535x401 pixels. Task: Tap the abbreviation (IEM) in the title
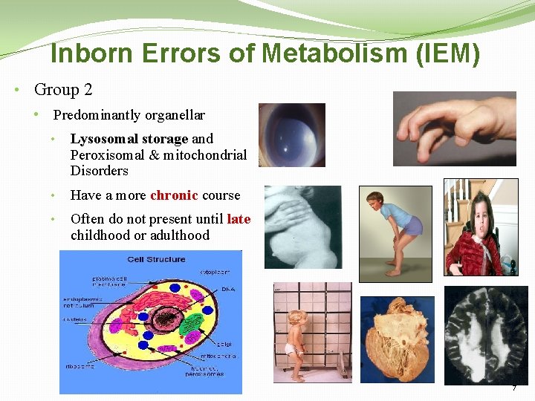pyautogui.click(x=447, y=54)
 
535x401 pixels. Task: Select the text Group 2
pyautogui.click(x=63, y=90)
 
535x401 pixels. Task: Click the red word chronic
pyautogui.click(x=174, y=195)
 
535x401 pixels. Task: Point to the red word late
pyautogui.click(x=239, y=219)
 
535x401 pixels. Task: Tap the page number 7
pyautogui.click(x=513, y=388)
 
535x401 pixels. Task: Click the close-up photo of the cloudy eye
pyautogui.click(x=291, y=135)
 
